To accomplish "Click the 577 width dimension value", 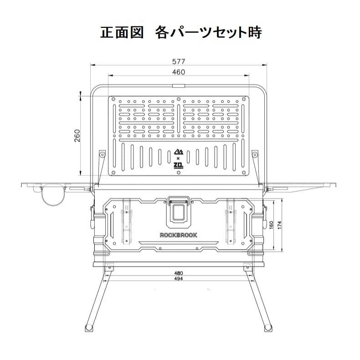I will pyautogui.click(x=179, y=61).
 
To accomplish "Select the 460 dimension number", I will pyautogui.click(x=179, y=72).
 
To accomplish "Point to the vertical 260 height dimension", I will pyautogui.click(x=77, y=135).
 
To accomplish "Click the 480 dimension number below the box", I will pyautogui.click(x=179, y=273).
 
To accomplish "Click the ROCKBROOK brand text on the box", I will pyautogui.click(x=179, y=235).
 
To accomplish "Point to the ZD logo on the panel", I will pyautogui.click(x=178, y=166).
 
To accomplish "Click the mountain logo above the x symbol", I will pyautogui.click(x=178, y=152).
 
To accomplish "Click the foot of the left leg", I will pyautogui.click(x=88, y=328).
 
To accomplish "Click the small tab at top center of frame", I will pyautogui.click(x=178, y=86).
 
